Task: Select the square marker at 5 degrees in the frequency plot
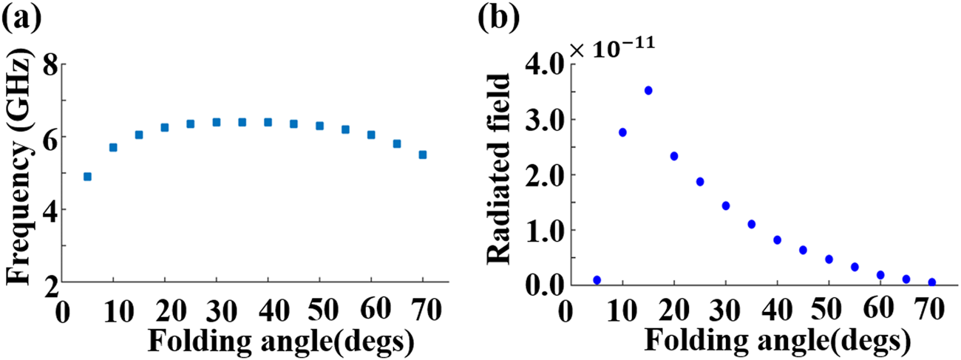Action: (x=87, y=177)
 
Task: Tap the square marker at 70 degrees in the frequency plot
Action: (x=423, y=154)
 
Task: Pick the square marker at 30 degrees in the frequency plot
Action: (x=217, y=122)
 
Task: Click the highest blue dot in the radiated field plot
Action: (x=648, y=90)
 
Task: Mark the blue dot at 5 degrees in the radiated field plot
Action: (x=597, y=280)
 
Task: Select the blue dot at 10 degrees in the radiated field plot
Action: (x=622, y=132)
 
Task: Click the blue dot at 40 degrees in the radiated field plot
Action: (x=777, y=240)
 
